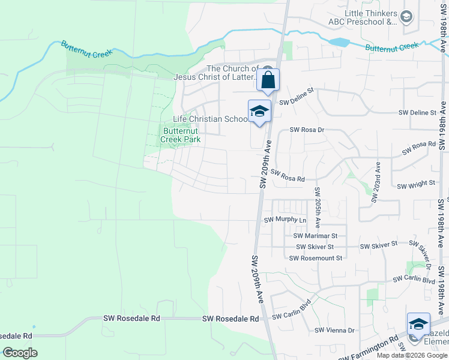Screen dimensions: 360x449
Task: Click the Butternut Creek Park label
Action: coord(180,134)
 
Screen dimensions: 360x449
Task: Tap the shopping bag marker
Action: coord(268,80)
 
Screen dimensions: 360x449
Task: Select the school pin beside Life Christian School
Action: coord(259,112)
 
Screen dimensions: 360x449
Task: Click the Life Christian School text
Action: coord(210,119)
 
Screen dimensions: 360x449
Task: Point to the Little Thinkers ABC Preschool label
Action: coord(370,18)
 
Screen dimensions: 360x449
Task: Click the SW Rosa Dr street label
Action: coord(307,130)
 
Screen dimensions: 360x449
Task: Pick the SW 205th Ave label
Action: coord(317,206)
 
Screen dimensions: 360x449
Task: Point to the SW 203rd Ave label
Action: coord(376,182)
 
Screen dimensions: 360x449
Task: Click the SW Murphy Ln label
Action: coord(285,220)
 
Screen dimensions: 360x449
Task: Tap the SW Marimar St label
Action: coord(316,236)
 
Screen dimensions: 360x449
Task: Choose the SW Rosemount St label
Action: coord(315,258)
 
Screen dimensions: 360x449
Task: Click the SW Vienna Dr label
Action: coord(335,330)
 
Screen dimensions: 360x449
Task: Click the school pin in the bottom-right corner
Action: coord(418,324)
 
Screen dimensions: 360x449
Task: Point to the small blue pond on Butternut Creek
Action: coord(339,42)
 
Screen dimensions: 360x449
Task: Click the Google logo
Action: coord(20,353)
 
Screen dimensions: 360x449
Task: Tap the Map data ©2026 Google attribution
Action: coord(412,355)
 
